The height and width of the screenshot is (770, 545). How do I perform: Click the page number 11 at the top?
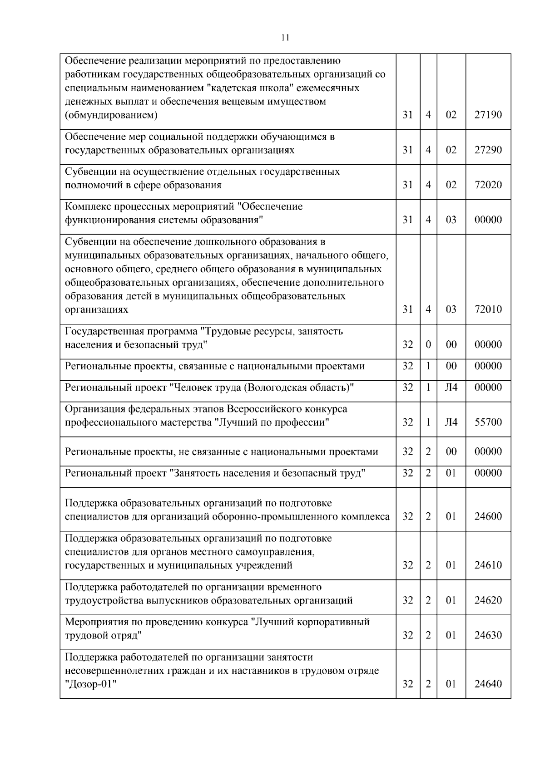point(285,38)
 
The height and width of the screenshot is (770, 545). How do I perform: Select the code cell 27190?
point(488,115)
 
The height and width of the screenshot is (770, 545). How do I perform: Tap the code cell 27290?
point(488,150)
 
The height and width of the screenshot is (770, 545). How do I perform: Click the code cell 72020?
point(488,185)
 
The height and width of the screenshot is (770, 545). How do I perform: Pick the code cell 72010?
point(488,309)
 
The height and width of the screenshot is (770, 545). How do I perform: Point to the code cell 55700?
point(488,422)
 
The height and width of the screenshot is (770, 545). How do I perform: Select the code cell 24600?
point(488,516)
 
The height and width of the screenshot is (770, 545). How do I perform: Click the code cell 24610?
point(488,565)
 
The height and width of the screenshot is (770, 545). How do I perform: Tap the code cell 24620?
point(488,600)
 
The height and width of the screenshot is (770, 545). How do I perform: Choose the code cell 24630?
point(488,635)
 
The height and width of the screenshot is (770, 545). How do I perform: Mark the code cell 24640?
point(488,684)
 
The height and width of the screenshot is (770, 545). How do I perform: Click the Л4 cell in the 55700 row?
point(451,422)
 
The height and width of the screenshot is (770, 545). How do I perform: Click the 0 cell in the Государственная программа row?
point(428,344)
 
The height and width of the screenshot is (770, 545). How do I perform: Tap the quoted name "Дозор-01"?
point(91,684)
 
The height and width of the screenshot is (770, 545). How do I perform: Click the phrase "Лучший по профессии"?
point(272,422)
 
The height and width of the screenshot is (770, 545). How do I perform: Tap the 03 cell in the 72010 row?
point(451,309)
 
